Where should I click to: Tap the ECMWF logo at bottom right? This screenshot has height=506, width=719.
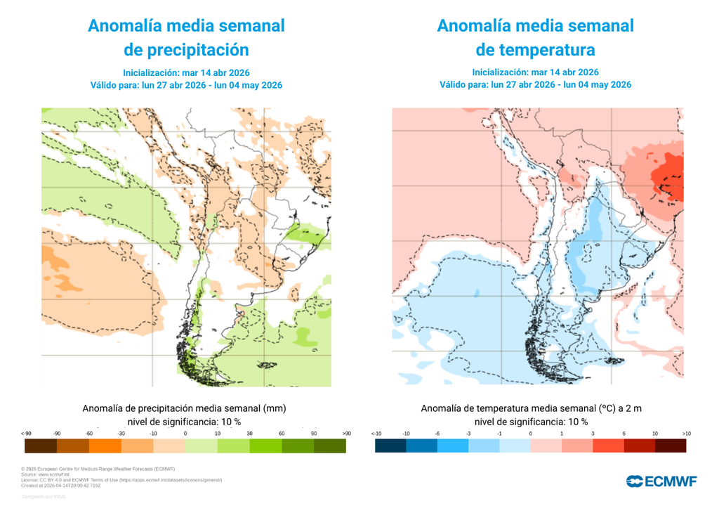pos(661,481)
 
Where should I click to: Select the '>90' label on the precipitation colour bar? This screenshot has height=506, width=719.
pos(345,434)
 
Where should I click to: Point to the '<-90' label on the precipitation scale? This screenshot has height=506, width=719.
pos(27,434)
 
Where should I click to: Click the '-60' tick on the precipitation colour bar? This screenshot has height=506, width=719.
pos(89,434)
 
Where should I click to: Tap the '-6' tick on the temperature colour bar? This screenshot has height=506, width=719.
pos(437,434)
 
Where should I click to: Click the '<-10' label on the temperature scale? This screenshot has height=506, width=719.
pos(376,434)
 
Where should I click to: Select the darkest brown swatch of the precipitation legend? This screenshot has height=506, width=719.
pos(40,446)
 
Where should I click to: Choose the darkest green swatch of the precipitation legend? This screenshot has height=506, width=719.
pos(330,446)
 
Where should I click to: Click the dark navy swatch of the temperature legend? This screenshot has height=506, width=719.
pos(390,446)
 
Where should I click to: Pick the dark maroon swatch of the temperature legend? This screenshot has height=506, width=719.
pos(671,446)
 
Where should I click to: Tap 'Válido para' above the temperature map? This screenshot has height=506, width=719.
pos(463,85)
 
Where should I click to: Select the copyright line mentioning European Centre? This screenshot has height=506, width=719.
pos(98,469)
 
